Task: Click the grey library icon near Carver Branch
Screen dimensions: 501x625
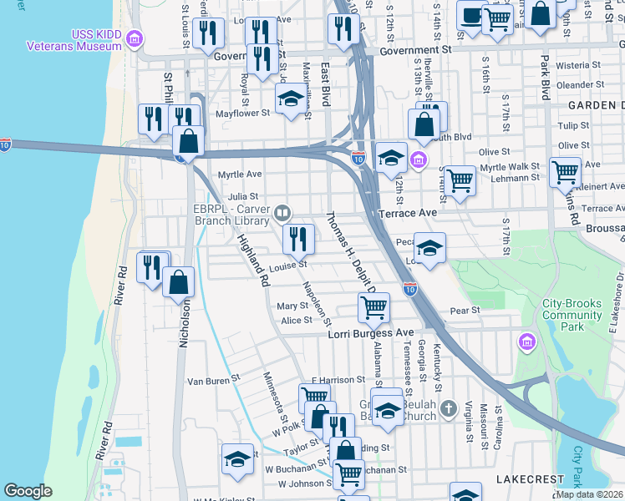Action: [x=285, y=215]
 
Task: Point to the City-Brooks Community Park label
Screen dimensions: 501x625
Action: [x=572, y=309]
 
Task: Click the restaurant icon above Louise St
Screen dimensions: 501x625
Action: [x=298, y=240]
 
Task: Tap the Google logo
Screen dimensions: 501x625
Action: [x=28, y=491]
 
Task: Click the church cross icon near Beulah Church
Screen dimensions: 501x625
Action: [x=449, y=408]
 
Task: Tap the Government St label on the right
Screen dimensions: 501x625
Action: [x=414, y=50]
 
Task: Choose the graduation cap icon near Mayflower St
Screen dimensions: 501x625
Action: [x=291, y=99]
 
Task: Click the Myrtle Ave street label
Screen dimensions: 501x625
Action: [x=240, y=175]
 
